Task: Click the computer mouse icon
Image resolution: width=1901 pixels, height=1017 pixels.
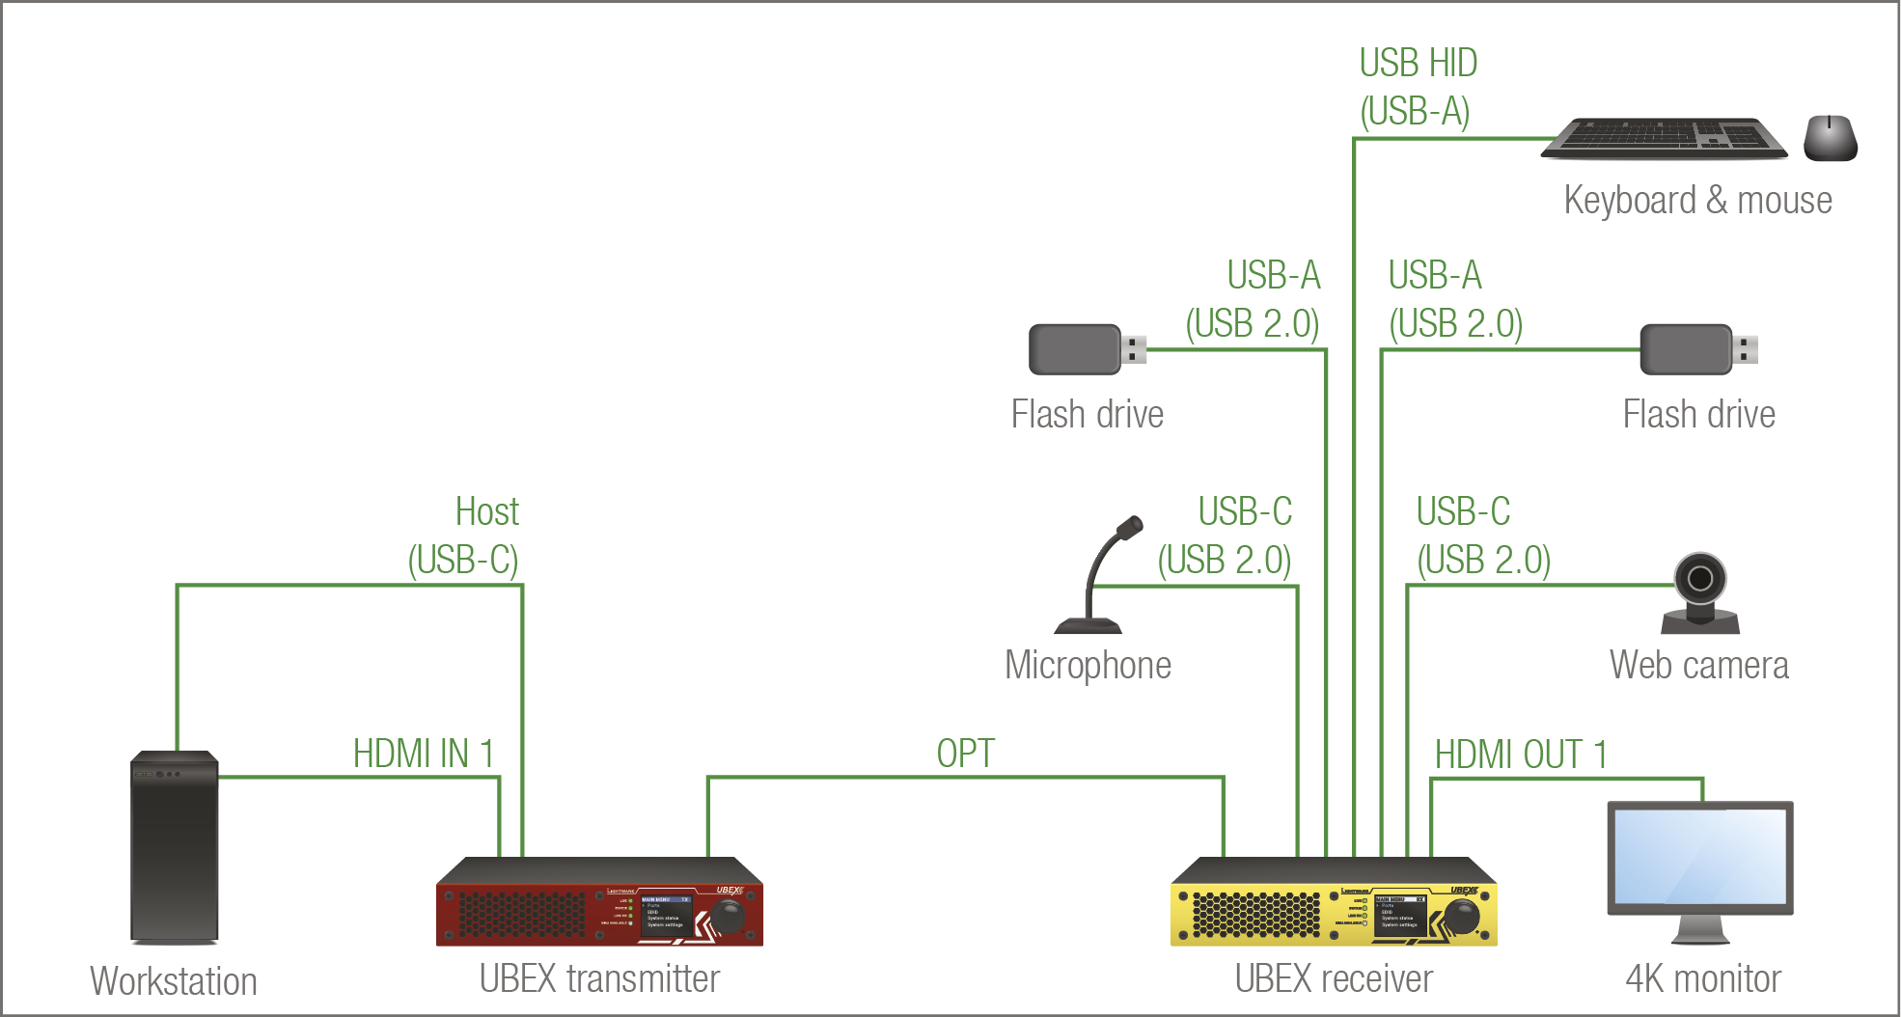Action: (x=1830, y=138)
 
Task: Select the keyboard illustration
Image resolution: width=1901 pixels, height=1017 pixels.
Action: (x=1664, y=139)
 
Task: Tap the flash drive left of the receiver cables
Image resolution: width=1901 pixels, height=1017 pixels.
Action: (x=1086, y=349)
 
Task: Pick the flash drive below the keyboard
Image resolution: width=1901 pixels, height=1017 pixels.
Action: (x=1696, y=349)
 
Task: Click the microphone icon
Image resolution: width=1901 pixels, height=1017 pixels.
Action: (x=1100, y=579)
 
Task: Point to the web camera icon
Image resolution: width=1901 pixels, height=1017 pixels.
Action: (x=1700, y=592)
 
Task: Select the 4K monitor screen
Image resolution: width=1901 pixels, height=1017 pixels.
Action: (x=1699, y=856)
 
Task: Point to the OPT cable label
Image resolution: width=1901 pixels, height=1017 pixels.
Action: (x=965, y=754)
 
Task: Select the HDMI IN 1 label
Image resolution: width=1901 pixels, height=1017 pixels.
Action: (x=424, y=754)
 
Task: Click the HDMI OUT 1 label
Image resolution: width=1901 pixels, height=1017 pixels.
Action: (x=1521, y=755)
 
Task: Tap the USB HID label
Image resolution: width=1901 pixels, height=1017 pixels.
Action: (x=1418, y=64)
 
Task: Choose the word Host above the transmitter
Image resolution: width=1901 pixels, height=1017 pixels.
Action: (x=486, y=511)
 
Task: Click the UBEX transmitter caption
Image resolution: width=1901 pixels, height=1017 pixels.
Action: (x=599, y=978)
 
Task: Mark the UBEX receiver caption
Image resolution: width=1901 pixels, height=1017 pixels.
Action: (x=1334, y=978)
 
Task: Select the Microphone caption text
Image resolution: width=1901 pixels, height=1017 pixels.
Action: (x=1088, y=665)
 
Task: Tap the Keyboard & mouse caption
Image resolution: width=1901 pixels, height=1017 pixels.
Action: (x=1697, y=200)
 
